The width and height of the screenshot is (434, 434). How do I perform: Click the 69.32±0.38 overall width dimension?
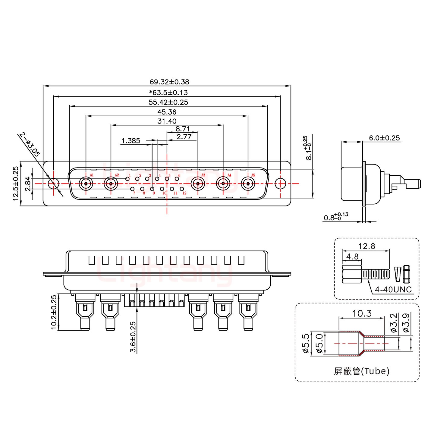pos(169,82)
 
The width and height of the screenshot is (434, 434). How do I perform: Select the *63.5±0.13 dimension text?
pos(168,93)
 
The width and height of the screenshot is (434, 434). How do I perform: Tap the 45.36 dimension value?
pos(167,112)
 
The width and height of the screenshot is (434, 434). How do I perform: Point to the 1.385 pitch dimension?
pos(131,140)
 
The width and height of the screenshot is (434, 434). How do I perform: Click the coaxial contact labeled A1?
pos(86,184)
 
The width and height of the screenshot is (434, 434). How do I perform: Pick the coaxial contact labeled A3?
pos(198,184)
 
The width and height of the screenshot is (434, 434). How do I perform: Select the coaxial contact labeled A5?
pos(248,184)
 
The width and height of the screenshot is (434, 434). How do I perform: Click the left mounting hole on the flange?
pos(54,184)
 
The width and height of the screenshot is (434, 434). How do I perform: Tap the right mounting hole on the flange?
pos(281,184)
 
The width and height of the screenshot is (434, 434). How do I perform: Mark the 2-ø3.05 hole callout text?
pos(30,144)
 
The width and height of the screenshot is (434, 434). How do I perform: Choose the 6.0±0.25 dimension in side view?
pos(384,138)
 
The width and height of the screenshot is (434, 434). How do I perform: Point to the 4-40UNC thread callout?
pos(393,290)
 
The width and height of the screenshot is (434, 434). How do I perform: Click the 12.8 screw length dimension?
pos(366,247)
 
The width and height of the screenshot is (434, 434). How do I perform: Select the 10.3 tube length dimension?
pos(362,314)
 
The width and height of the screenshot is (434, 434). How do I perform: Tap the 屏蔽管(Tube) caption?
pos(362,371)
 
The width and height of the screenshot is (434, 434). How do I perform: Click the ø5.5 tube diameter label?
pos(305,344)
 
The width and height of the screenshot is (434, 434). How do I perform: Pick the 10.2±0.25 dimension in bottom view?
pos(54,312)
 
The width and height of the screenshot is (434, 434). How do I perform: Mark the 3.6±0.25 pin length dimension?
pos(133,337)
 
